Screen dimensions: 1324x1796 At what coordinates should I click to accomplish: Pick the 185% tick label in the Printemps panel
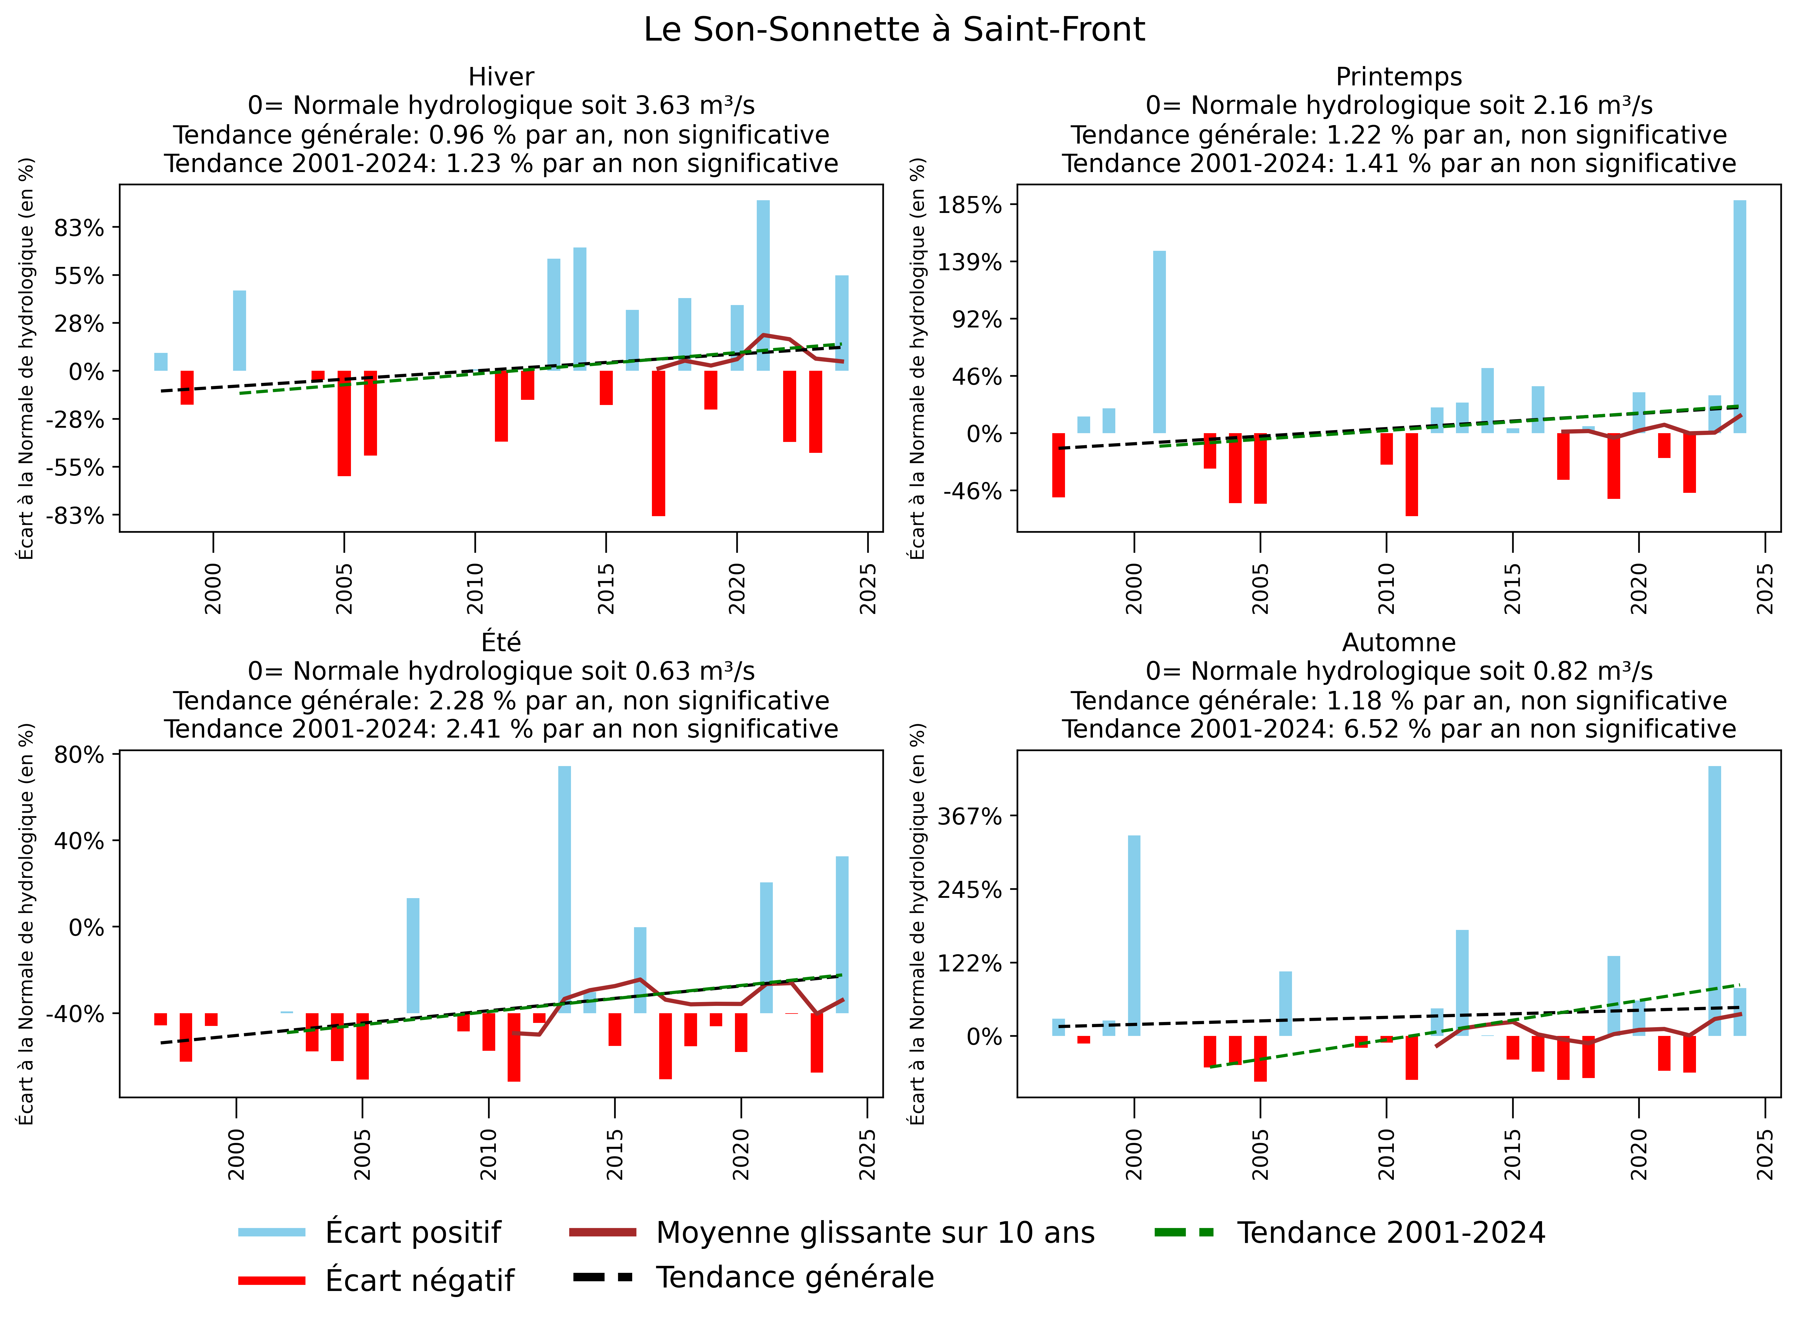pyautogui.click(x=969, y=205)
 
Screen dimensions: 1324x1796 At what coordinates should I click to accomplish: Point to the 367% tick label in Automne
pyautogui.click(x=969, y=817)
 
